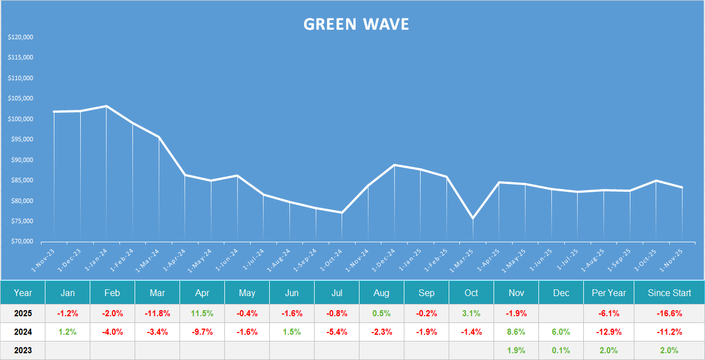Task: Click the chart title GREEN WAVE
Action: [x=356, y=24]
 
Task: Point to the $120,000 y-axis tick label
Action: [x=21, y=38]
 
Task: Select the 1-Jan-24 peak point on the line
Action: [x=107, y=106]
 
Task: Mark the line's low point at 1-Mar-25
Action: [x=473, y=218]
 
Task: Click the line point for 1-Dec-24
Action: [x=394, y=165]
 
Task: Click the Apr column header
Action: [x=202, y=293]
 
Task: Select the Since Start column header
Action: [x=669, y=293]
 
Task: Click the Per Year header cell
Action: [x=608, y=293]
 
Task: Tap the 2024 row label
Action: [x=23, y=332]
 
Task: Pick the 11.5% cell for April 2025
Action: [x=202, y=313]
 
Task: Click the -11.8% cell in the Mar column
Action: [x=157, y=313]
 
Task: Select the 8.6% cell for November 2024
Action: [x=516, y=332]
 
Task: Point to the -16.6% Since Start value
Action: [x=669, y=313]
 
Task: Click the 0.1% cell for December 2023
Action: [x=561, y=350]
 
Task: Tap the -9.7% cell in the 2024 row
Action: [x=202, y=332]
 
